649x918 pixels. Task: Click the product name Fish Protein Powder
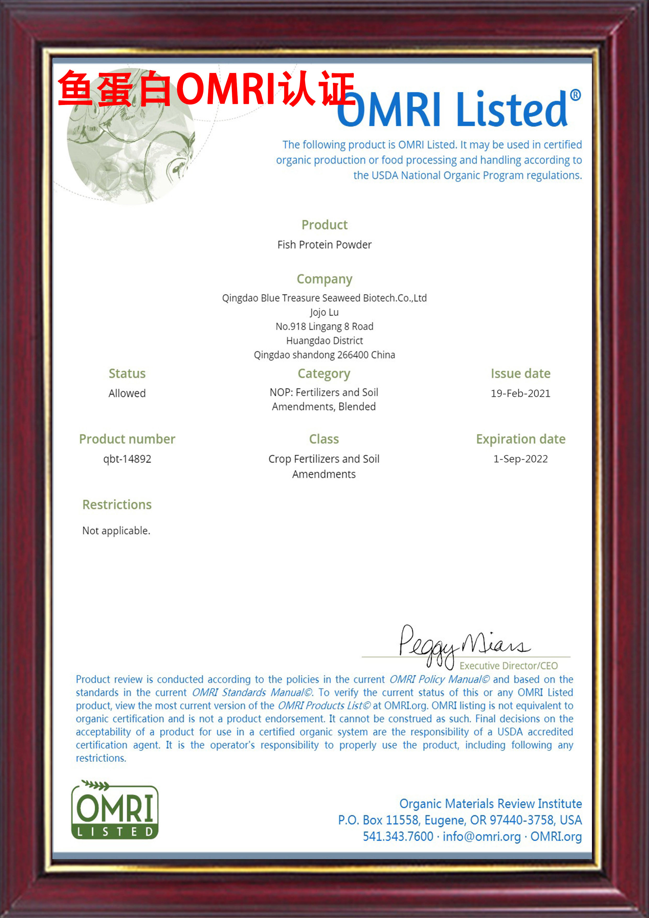324,245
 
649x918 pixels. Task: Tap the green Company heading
324,279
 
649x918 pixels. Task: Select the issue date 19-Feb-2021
520,393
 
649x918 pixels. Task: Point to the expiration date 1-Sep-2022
520,459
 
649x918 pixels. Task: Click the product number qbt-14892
127,459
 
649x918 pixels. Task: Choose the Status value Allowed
127,393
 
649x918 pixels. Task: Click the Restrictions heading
117,505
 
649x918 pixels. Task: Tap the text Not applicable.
116,530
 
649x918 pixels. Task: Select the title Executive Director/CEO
509,666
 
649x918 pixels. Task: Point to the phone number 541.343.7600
398,836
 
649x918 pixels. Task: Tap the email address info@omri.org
482,836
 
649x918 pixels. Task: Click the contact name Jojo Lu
324,312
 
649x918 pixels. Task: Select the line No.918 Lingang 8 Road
324,327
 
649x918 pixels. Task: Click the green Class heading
324,439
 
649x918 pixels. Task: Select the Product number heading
127,439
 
